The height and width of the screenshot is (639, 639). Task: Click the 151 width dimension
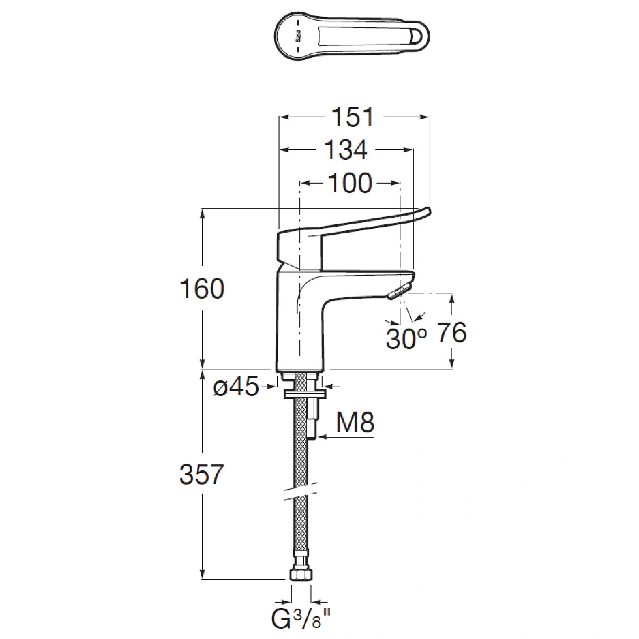[353, 117]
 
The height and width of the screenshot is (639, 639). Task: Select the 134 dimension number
[346, 150]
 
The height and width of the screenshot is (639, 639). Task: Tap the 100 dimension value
[350, 183]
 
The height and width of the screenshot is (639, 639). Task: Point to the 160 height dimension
[202, 288]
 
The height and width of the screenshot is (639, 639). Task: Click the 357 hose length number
[202, 474]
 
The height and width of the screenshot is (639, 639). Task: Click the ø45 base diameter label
[236, 386]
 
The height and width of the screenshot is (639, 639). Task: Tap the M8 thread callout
[355, 422]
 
